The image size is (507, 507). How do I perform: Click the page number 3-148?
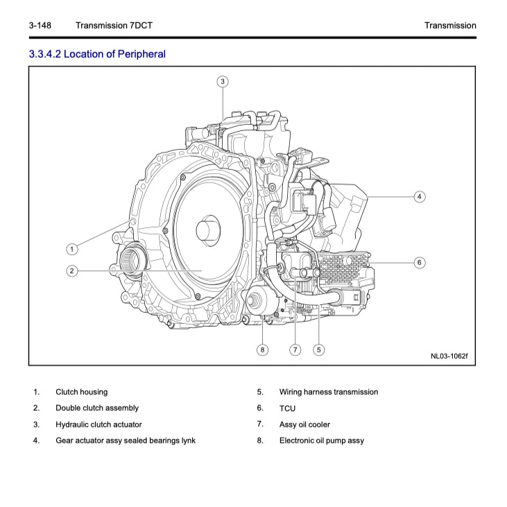point(40,26)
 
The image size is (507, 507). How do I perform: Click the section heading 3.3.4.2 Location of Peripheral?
point(97,53)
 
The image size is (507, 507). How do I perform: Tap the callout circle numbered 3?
point(222,82)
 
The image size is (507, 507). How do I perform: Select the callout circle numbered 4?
point(420,196)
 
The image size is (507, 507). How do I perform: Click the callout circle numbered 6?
point(420,263)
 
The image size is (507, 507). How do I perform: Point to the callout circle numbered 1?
point(71,248)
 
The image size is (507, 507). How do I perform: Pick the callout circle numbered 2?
point(71,270)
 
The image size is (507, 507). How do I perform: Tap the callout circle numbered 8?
point(262,350)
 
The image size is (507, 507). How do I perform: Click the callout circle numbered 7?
point(295,350)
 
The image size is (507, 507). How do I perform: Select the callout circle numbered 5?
point(318,350)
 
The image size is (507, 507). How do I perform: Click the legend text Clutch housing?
point(82,392)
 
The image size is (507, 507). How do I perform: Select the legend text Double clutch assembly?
point(97,408)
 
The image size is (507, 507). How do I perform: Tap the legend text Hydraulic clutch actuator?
point(98,424)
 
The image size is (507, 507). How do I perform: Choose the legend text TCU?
point(287,409)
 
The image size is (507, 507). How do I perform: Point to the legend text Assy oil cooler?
point(304,424)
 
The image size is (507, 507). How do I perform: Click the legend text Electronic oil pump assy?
point(321,440)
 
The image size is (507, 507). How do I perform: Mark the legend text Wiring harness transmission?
point(329,392)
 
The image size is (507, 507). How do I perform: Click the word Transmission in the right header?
point(450,26)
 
